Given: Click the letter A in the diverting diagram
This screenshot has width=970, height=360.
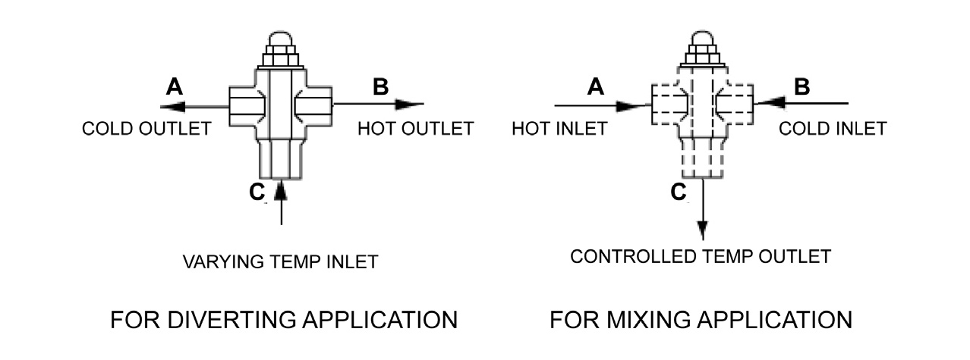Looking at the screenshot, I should (174, 87).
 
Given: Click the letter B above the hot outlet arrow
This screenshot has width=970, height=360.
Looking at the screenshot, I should (380, 86).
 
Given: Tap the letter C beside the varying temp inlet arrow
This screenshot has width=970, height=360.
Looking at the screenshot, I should (257, 193).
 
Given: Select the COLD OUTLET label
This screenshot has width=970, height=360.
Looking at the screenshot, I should (146, 128).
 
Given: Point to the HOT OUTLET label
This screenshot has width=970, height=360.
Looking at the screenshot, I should (415, 128).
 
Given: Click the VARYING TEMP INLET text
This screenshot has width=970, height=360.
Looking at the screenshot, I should (280, 262).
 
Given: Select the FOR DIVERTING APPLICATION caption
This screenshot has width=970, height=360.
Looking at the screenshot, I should (284, 319).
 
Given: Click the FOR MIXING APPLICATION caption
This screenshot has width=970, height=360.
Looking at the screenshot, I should (701, 319).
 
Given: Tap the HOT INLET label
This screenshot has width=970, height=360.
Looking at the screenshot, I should (559, 128).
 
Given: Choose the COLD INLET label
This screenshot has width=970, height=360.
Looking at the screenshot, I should (833, 128).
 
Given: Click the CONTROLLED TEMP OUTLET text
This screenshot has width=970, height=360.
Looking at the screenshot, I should (701, 256).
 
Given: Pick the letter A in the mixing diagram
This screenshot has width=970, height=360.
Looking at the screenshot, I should (596, 87).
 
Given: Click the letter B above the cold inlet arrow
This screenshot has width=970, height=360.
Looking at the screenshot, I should (802, 86).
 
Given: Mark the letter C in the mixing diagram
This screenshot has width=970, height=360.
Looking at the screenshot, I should (679, 193).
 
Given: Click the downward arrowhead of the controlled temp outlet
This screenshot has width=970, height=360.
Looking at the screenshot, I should (703, 230).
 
